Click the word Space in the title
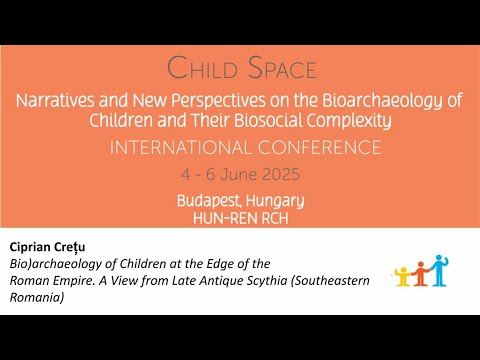pyautogui.click(x=277, y=69)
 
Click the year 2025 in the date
pyautogui.click(x=278, y=174)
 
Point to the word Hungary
pyautogui.click(x=274, y=200)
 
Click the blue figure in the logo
pyautogui.click(x=439, y=267)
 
